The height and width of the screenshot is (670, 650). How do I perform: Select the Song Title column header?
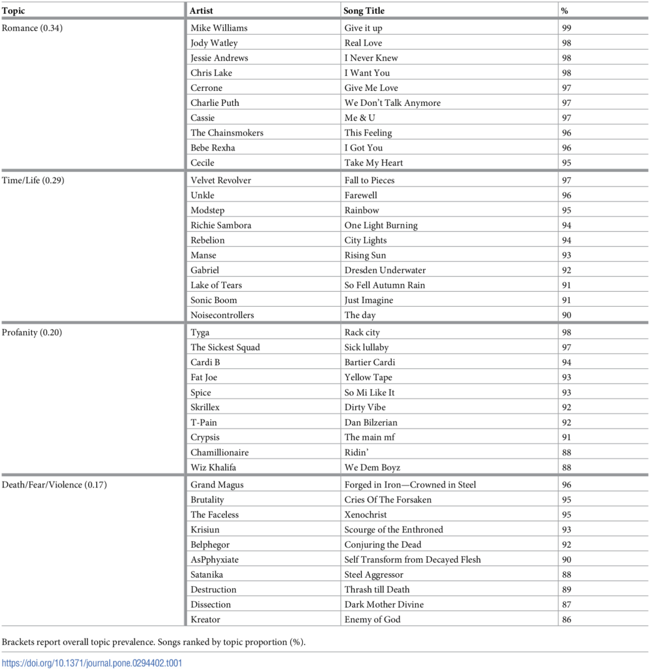coord(364,10)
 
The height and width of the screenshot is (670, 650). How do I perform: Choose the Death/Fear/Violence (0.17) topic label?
coord(54,485)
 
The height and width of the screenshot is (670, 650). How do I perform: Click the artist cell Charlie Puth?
coord(214,103)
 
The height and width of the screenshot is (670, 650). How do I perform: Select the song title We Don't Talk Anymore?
coord(392,103)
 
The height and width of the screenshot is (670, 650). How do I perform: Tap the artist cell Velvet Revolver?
coord(220,180)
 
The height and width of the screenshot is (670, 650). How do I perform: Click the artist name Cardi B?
coord(205,362)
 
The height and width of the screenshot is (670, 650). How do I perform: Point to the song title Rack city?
coord(362,332)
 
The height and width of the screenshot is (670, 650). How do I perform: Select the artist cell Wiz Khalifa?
coord(214,467)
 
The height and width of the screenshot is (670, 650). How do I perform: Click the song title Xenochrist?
coord(366,515)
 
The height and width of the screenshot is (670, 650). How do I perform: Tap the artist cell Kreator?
coord(205,620)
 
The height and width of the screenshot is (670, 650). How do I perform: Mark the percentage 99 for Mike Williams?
coord(566,28)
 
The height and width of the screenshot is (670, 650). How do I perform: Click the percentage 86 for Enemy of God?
coord(566,620)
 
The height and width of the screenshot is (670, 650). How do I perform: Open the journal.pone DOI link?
coord(92,663)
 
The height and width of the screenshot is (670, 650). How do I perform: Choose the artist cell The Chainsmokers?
coord(227,133)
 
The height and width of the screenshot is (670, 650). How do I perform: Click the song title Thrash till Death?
coord(377,590)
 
